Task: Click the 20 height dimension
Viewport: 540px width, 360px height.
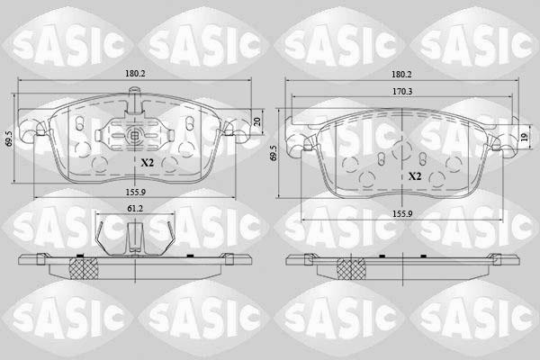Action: point(256,121)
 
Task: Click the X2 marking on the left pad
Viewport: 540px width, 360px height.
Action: point(148,163)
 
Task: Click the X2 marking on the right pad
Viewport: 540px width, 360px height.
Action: point(415,176)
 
